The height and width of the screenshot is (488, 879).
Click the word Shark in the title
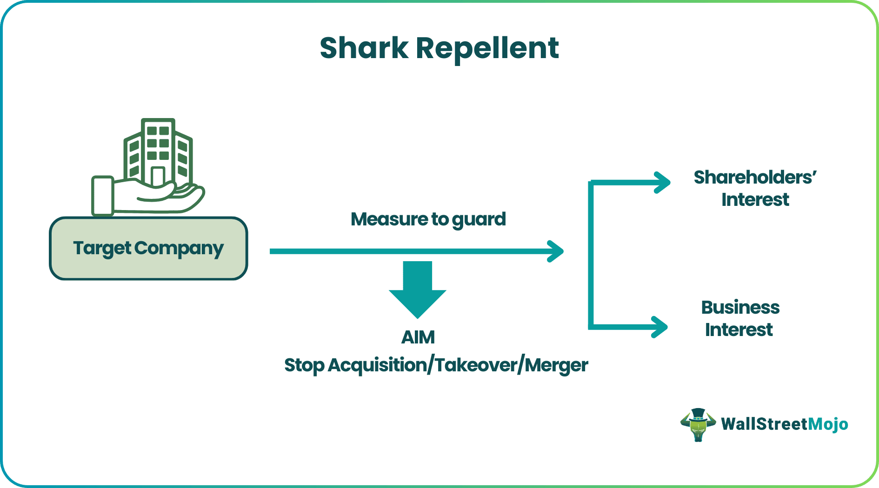coord(364,48)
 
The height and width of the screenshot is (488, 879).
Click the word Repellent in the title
coord(487,48)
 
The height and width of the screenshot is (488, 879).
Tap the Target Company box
coord(148,249)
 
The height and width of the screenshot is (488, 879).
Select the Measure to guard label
coord(428,219)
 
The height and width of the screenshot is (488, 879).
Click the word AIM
coord(418,337)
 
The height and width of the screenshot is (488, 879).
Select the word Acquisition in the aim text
coord(377,365)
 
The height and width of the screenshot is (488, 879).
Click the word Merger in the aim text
coord(557,365)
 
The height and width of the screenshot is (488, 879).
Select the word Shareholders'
coord(754,178)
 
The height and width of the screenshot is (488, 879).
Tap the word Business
coord(740,308)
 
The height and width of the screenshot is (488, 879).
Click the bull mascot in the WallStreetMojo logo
coord(698,424)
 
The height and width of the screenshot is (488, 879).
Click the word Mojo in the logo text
coord(828,424)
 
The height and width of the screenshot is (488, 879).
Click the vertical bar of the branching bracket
coord(591,255)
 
